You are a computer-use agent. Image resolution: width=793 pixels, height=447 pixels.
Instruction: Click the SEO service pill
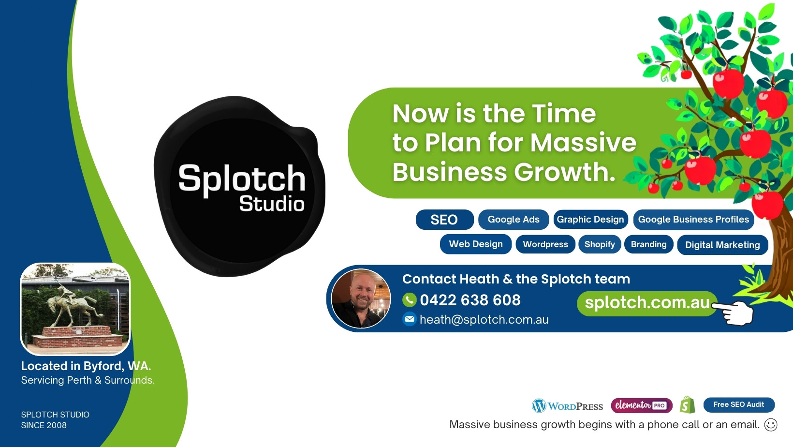tap(445, 220)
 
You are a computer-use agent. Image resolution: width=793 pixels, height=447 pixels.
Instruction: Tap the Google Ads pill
tap(514, 220)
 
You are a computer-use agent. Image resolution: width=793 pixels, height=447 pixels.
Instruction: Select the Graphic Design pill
tap(590, 220)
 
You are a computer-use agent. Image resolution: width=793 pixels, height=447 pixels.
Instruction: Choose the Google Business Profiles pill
tap(693, 220)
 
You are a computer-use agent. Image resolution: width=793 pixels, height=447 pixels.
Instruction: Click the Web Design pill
tap(476, 244)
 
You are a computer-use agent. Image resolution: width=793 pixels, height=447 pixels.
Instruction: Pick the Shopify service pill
tap(600, 244)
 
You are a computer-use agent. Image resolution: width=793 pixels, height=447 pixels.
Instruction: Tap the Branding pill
tap(648, 244)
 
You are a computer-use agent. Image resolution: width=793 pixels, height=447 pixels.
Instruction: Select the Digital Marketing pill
tap(722, 245)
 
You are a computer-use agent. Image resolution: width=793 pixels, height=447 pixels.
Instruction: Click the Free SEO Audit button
tap(739, 404)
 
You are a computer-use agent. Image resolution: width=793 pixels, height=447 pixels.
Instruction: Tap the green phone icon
tap(409, 299)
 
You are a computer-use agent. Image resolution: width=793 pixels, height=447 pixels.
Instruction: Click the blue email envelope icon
tap(409, 319)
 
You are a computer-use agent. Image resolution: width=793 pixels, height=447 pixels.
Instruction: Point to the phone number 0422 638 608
tap(470, 300)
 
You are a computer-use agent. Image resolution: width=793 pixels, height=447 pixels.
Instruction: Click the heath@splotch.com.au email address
tap(484, 319)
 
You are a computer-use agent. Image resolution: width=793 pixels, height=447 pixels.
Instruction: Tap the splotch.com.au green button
tap(647, 303)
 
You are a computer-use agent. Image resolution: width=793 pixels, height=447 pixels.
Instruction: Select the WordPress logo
tap(567, 406)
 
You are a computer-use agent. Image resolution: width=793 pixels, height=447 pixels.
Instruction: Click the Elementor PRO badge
tap(642, 405)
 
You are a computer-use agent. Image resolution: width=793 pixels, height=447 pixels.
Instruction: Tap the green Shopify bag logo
tap(687, 405)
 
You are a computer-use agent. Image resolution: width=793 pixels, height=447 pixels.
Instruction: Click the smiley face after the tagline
tap(771, 424)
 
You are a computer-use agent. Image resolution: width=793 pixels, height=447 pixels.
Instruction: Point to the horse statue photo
tap(75, 309)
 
